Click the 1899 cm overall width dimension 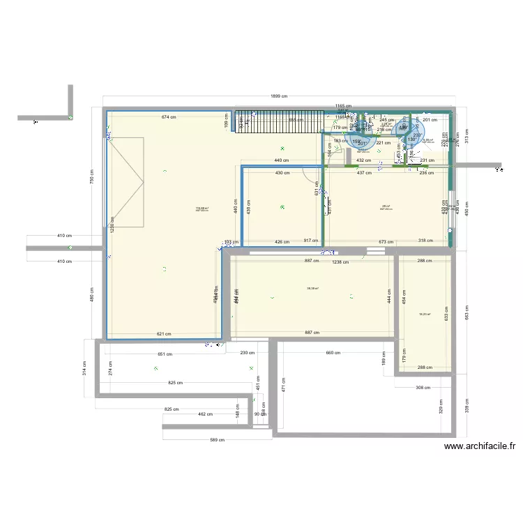click(x=279, y=97)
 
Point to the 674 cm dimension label click(x=168, y=117)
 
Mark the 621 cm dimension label click(x=164, y=334)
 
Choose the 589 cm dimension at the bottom click(x=218, y=440)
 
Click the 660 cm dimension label click(x=333, y=352)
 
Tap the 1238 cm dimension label click(x=340, y=261)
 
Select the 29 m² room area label click(x=386, y=206)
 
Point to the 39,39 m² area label click(x=312, y=288)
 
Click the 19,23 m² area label click(x=424, y=314)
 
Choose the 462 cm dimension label click(x=205, y=414)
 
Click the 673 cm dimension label click(x=386, y=242)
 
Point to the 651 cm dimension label click(x=165, y=354)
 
